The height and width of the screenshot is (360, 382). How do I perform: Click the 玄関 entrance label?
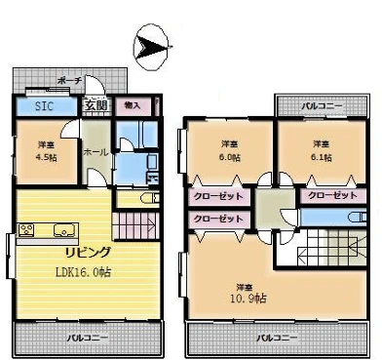94,105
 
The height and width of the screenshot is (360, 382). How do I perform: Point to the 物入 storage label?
132,104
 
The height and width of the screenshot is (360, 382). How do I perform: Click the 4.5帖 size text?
46,157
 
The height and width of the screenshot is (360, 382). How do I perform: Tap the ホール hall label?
95,152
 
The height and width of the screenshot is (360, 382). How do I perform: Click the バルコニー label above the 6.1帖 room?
320,103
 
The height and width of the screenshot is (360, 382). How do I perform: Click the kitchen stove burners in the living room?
26,230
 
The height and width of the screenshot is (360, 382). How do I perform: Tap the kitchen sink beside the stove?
62,231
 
